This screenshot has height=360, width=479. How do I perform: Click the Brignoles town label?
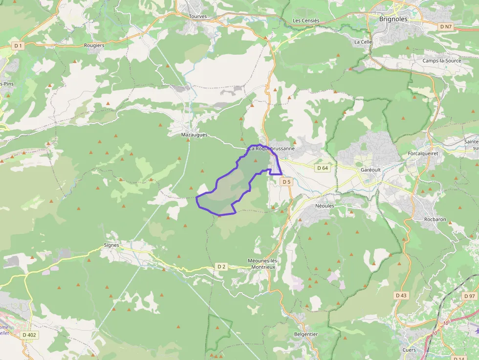click(393, 19)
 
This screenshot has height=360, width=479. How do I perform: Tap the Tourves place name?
click(198, 16)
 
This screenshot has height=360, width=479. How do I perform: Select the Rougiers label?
click(94, 45)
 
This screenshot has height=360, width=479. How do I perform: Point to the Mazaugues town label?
click(194, 135)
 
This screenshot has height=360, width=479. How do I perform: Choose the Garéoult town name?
click(370, 169)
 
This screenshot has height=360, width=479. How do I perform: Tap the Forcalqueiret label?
click(423, 153)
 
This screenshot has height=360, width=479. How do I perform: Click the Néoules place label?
click(325, 206)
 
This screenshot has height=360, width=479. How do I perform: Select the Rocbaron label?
click(435, 219)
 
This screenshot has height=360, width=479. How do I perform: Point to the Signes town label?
click(111, 245)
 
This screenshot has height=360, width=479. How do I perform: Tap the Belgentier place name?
click(306, 335)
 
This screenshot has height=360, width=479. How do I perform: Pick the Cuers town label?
click(409, 350)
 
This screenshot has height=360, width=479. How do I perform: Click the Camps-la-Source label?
click(442, 61)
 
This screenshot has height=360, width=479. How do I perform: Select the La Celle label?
click(363, 42)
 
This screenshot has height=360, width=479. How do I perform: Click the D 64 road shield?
click(323, 168)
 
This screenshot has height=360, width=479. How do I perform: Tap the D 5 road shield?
click(286, 182)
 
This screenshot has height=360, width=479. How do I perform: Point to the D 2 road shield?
click(221, 266)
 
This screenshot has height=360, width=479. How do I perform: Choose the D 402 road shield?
click(29, 335)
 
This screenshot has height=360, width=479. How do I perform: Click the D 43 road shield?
click(401, 296)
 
